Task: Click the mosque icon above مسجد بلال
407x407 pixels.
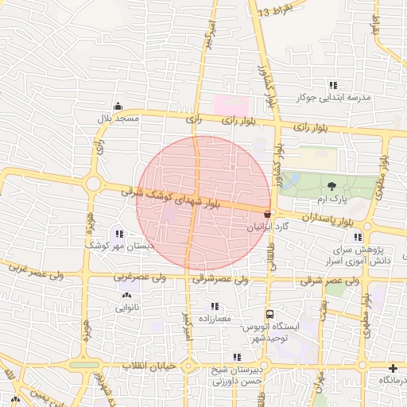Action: click(118, 107)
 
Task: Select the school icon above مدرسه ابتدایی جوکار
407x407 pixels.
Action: click(332, 86)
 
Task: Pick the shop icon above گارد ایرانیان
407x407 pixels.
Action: click(266, 213)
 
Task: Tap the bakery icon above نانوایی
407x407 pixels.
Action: click(127, 296)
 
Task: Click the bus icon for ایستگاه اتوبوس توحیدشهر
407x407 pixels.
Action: click(269, 315)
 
